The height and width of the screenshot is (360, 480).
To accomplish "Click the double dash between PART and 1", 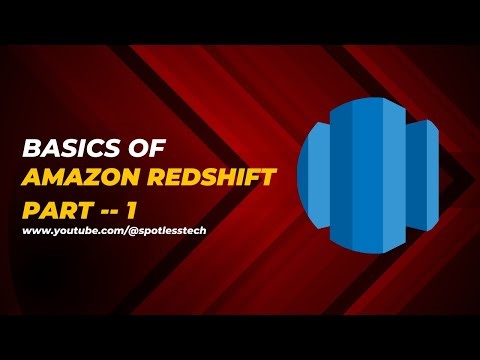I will (104, 212).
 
